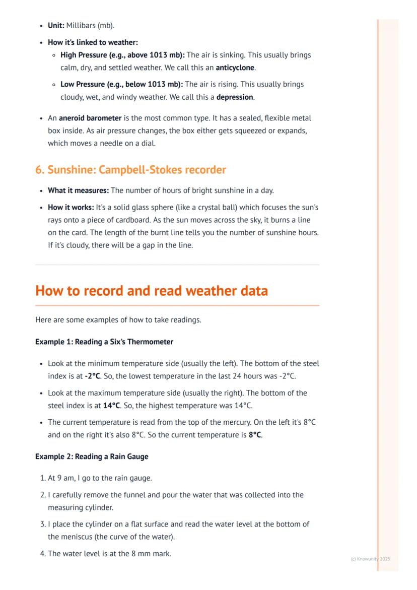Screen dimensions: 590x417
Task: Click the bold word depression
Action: point(235,97)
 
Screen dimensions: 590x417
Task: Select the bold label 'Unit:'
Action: point(56,25)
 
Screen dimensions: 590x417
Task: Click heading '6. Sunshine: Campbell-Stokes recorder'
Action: point(130,170)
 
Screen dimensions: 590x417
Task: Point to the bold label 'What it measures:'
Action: point(78,190)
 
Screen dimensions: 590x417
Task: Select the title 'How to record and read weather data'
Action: point(151,291)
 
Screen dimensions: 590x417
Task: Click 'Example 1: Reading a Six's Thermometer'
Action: point(104,342)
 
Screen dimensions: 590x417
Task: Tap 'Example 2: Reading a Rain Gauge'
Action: point(92,456)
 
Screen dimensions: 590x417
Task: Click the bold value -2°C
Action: point(91,376)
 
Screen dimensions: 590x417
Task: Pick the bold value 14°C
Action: point(111,405)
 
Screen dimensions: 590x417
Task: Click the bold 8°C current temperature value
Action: point(255,435)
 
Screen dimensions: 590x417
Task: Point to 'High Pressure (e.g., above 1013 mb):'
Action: point(122,55)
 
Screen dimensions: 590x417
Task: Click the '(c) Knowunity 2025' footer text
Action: point(370,559)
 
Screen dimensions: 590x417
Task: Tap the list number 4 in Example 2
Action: point(42,554)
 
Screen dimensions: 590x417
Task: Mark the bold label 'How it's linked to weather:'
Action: point(93,42)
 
